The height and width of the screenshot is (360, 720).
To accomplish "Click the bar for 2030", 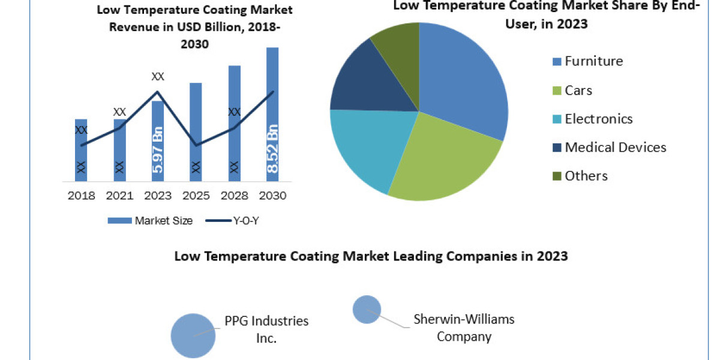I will tap(272, 114).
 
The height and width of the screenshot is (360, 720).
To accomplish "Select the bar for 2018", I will tap(81, 150).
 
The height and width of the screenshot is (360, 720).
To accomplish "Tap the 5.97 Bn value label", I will tap(158, 149).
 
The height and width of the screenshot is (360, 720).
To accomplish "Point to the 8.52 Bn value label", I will tap(272, 149).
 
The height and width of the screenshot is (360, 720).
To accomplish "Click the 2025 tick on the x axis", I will tap(196, 196).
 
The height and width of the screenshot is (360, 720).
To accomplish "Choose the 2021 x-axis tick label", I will tap(119, 196).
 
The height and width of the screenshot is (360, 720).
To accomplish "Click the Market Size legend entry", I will tap(150, 221).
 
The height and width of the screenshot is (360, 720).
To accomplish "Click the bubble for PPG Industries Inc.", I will tap(193, 335).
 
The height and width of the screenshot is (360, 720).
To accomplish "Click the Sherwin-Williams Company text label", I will tap(464, 328).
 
